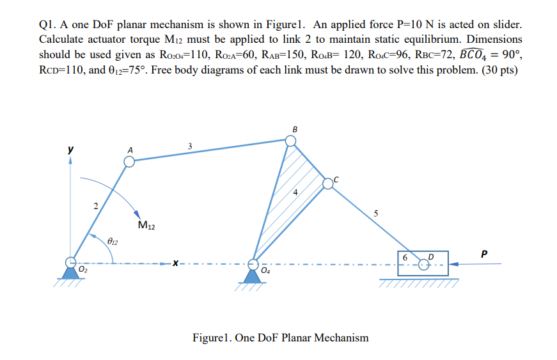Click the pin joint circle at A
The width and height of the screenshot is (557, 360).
(x=130, y=162)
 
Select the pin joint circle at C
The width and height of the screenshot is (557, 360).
(x=328, y=184)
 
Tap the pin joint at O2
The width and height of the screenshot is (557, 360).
(x=71, y=262)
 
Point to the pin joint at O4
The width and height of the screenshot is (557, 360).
(x=254, y=262)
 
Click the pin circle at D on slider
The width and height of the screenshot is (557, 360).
(x=423, y=263)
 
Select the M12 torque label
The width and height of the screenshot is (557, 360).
(x=146, y=225)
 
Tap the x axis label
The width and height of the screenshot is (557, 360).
(x=175, y=262)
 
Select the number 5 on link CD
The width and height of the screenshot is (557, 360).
(x=376, y=214)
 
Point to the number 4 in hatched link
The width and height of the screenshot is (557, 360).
(x=295, y=192)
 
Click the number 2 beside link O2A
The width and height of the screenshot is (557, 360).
(x=95, y=206)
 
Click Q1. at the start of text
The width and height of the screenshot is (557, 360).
(x=49, y=24)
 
